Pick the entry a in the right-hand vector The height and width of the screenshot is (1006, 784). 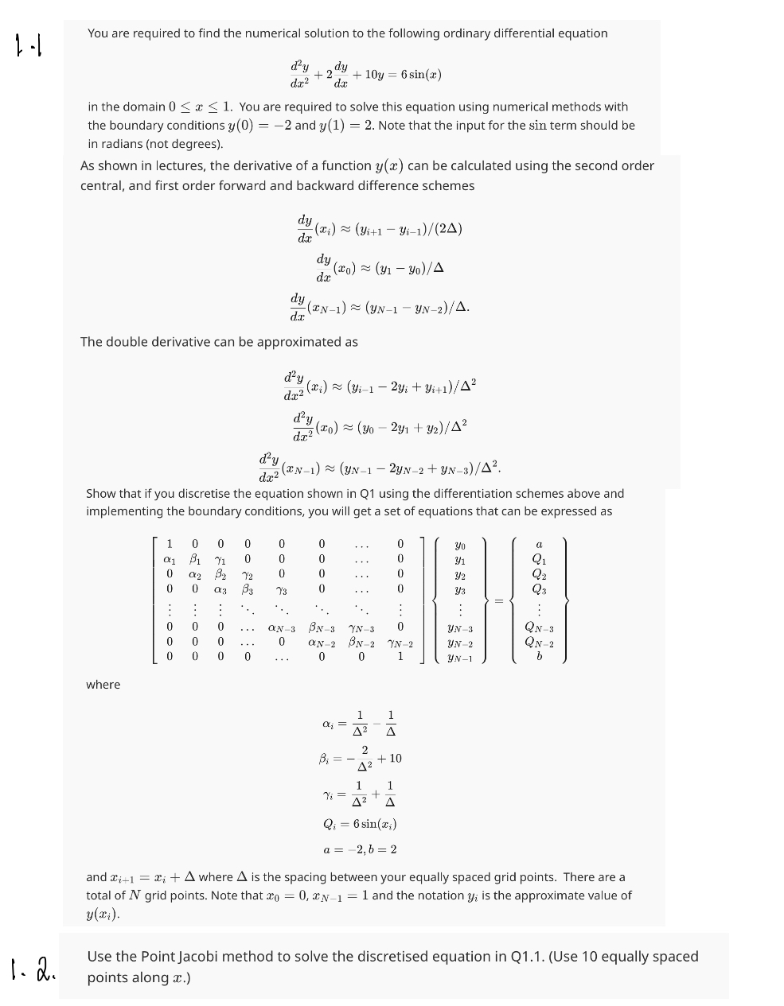(x=539, y=545)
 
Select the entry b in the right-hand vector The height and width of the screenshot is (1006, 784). (x=539, y=657)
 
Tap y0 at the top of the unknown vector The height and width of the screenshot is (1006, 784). (x=460, y=545)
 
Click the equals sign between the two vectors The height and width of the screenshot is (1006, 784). (x=499, y=600)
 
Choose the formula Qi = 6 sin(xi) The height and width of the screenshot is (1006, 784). (x=359, y=823)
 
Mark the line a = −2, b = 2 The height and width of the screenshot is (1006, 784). (x=360, y=849)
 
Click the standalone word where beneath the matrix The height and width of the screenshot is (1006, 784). (x=103, y=685)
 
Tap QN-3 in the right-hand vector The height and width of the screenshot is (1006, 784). (x=539, y=628)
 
